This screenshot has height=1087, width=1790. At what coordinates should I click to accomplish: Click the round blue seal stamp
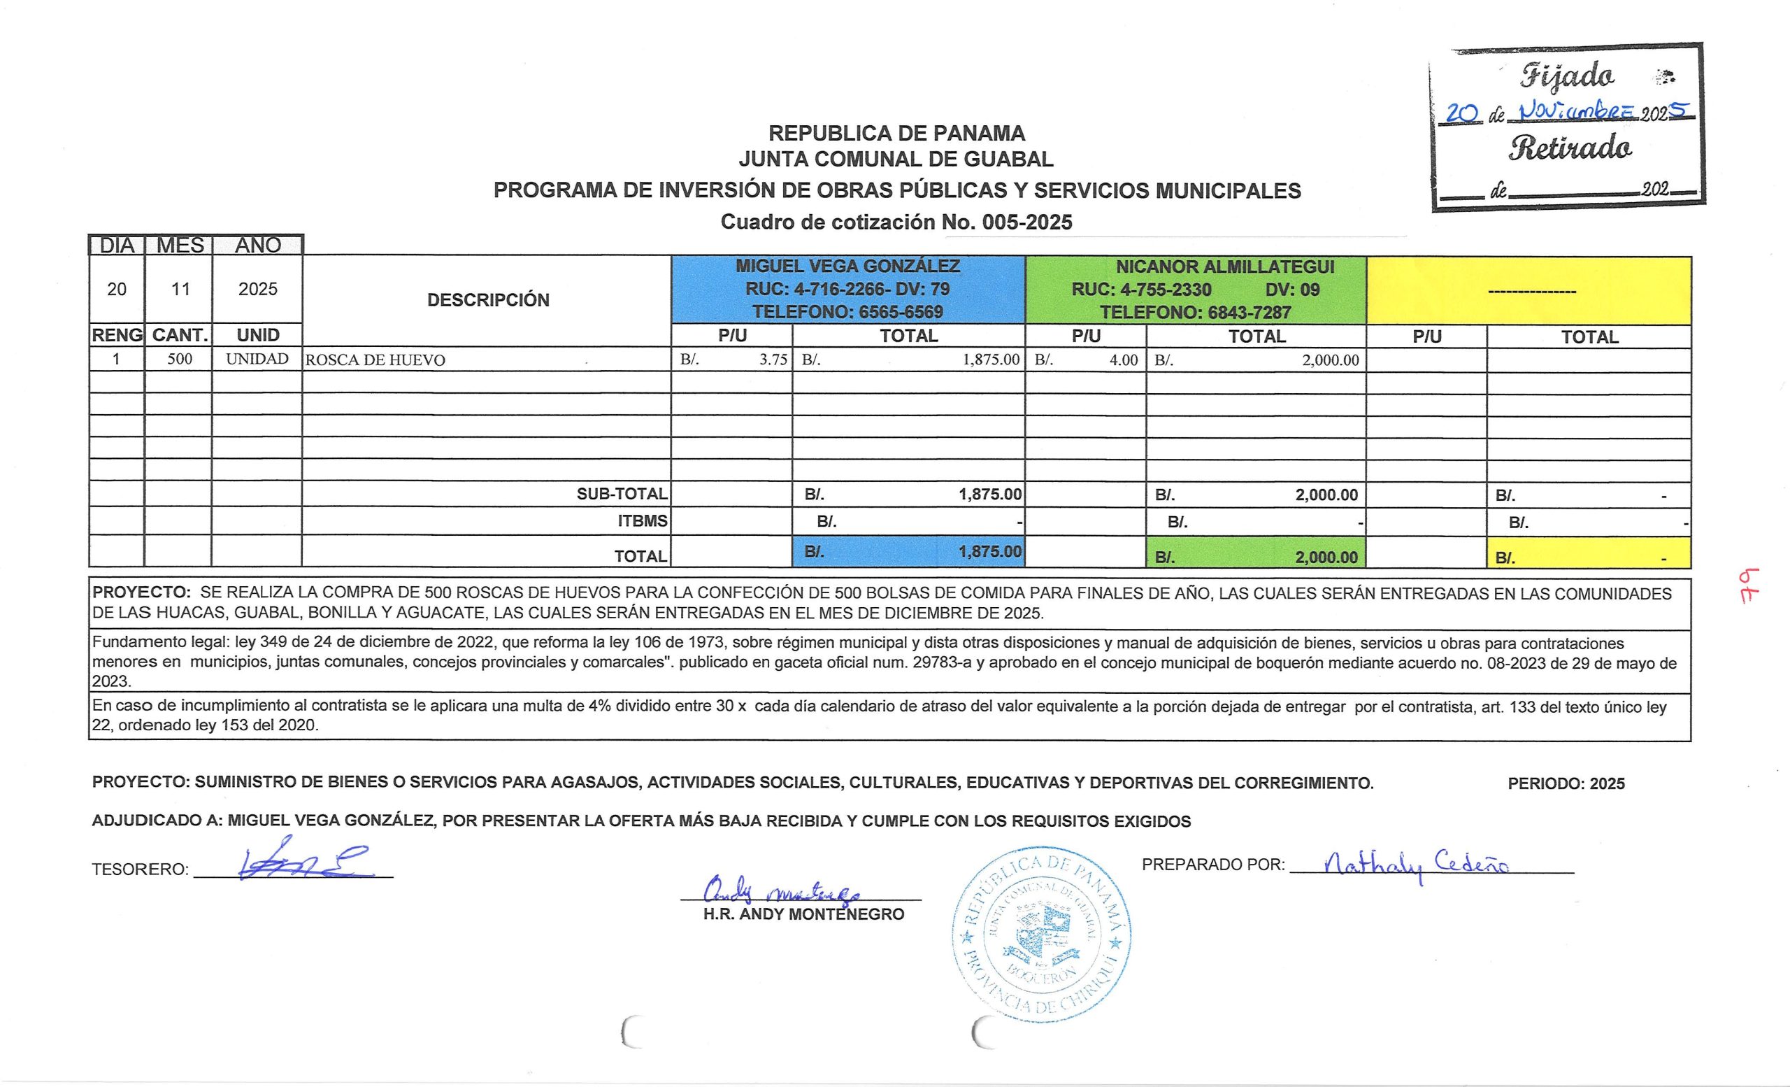click(x=1040, y=935)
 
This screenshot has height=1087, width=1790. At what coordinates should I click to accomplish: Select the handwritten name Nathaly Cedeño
click(x=1417, y=864)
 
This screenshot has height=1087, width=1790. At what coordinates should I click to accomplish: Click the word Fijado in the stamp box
click(x=1567, y=76)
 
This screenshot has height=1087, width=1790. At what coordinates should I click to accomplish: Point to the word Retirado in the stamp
click(x=1570, y=148)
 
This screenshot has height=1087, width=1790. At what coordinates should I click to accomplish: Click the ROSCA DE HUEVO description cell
click(x=375, y=360)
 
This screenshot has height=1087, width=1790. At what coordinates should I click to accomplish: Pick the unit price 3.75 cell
click(x=731, y=360)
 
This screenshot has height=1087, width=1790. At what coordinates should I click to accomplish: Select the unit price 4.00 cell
click(x=1086, y=360)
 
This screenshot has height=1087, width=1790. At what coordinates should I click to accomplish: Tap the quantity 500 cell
click(x=180, y=359)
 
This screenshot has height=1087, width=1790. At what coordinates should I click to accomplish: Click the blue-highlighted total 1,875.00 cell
click(x=909, y=551)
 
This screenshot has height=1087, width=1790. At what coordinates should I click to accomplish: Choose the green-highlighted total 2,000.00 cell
click(x=1256, y=557)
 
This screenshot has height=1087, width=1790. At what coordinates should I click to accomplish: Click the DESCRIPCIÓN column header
click(x=487, y=300)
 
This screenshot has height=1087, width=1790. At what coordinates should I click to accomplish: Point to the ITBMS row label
click(x=642, y=521)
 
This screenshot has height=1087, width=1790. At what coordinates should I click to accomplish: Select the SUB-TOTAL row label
click(x=622, y=494)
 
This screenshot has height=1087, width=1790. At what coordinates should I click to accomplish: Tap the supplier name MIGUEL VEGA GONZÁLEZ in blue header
click(x=847, y=266)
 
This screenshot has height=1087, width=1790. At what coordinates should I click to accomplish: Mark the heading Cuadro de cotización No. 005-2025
click(x=896, y=222)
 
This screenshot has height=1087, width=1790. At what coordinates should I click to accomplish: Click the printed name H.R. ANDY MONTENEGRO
click(x=803, y=914)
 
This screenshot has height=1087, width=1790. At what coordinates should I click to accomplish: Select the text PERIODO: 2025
click(x=1566, y=783)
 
